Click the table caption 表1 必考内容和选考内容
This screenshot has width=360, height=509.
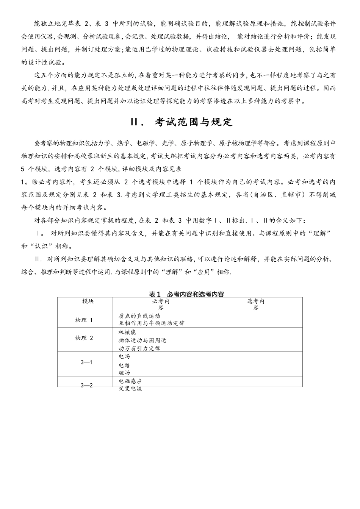(186, 294)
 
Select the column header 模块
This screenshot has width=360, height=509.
(88, 301)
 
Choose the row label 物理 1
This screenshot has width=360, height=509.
(84, 320)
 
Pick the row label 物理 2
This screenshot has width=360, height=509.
(84, 338)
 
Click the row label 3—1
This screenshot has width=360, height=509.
(87, 362)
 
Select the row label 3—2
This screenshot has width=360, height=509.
(87, 385)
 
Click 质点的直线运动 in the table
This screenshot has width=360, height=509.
(139, 316)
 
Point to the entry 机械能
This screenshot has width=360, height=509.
(127, 332)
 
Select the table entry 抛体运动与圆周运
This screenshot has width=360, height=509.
(142, 340)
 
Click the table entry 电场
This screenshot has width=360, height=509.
(124, 356)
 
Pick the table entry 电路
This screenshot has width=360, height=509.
(124, 365)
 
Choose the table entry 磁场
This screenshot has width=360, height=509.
(124, 373)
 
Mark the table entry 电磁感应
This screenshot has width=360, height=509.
(130, 381)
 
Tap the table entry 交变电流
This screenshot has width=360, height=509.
(130, 389)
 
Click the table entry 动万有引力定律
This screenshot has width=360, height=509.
(139, 348)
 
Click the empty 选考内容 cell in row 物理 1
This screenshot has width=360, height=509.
(254, 320)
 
